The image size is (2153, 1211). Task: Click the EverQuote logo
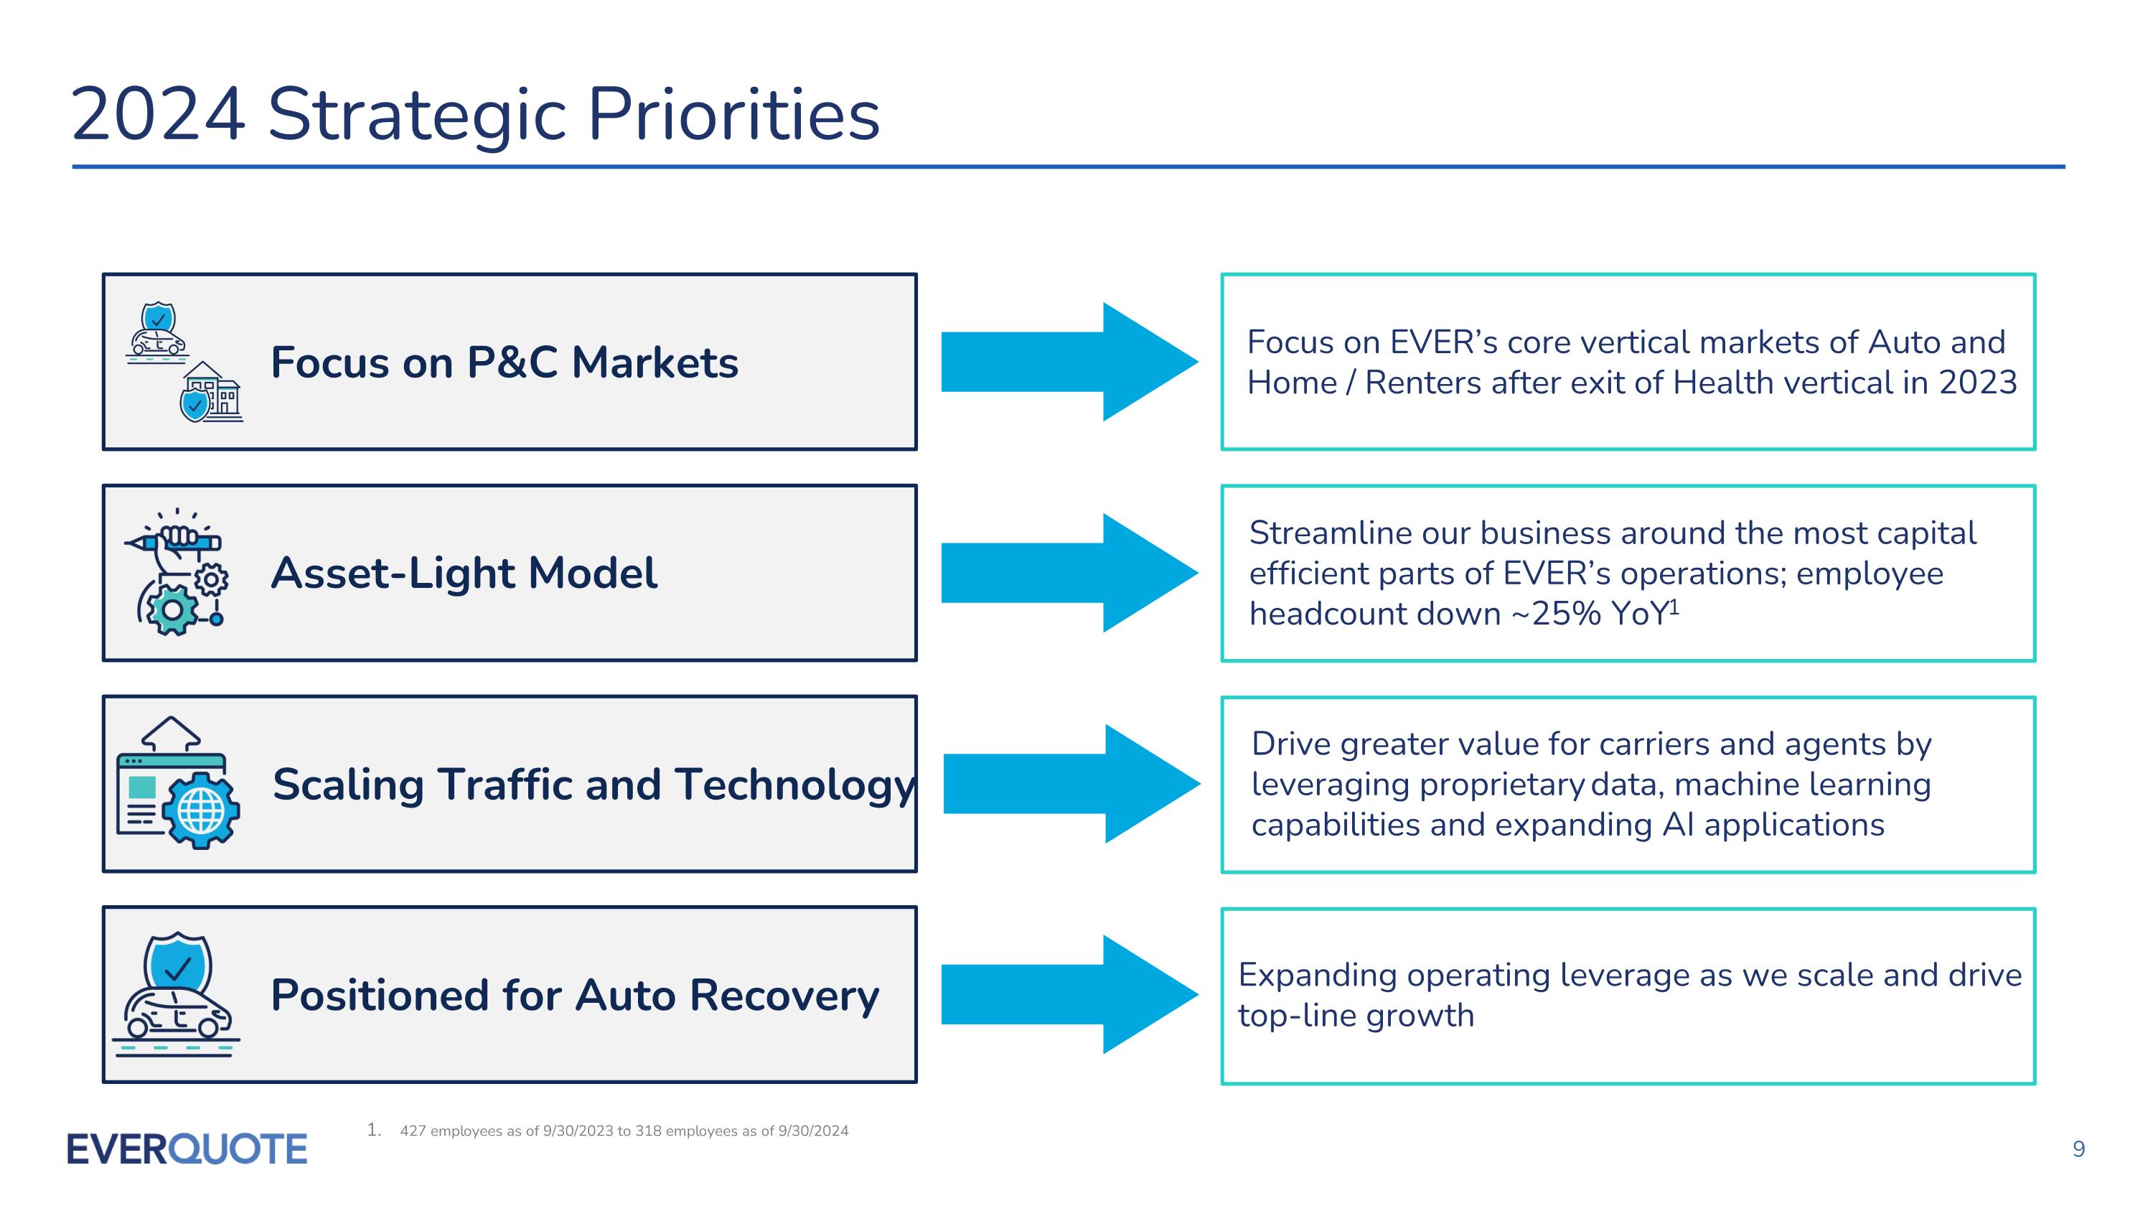click(x=187, y=1149)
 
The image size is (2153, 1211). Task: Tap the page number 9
click(x=2078, y=1149)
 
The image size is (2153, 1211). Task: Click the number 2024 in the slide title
click(x=158, y=115)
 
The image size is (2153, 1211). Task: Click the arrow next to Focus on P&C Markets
click(x=1069, y=362)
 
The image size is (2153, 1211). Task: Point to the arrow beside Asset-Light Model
click(x=1069, y=573)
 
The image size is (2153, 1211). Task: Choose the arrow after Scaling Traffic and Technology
click(x=1071, y=783)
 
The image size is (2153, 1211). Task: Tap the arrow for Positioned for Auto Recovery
click(x=1069, y=993)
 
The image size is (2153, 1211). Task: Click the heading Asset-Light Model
click(x=464, y=574)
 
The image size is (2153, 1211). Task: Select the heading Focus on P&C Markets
click(x=504, y=363)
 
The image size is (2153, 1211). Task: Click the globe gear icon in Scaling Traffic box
click(x=202, y=810)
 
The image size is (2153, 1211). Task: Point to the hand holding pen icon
click(x=177, y=540)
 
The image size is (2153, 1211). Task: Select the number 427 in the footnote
click(x=413, y=1131)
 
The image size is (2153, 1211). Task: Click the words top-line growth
click(x=1356, y=1016)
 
